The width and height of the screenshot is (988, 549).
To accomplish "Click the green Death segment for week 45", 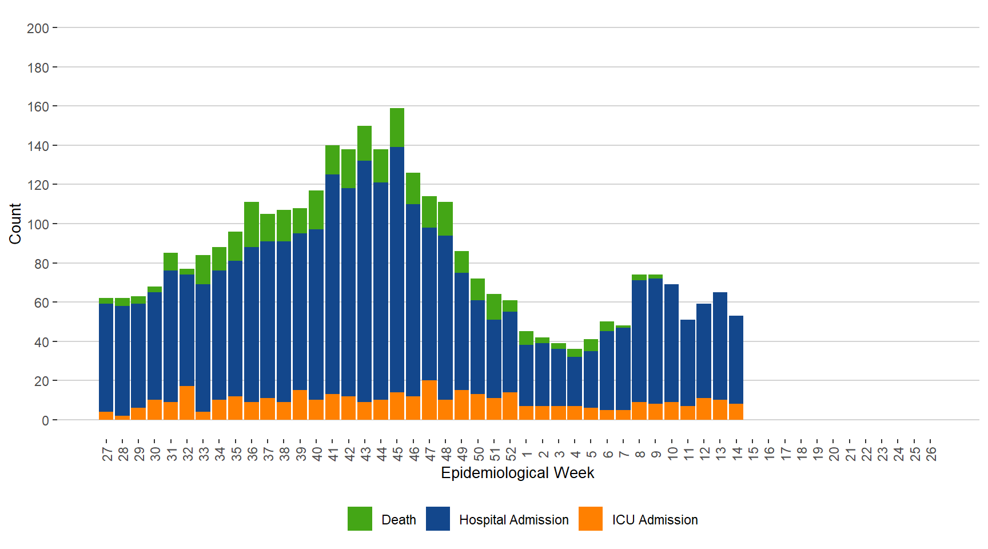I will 397,128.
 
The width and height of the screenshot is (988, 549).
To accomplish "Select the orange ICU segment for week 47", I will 429,400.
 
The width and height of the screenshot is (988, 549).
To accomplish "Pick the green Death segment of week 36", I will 252,224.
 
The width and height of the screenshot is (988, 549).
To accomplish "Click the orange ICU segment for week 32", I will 187,403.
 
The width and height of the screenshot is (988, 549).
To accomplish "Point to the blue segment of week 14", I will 736,360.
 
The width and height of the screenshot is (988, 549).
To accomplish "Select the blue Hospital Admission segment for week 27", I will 106,357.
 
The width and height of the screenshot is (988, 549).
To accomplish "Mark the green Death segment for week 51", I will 494,307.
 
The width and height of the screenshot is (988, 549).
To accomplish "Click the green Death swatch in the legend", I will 360,519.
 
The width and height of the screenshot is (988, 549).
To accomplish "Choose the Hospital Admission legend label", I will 513,520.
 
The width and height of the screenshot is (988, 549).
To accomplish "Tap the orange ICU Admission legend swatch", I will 590,519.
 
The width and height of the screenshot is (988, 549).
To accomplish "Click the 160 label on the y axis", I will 38,106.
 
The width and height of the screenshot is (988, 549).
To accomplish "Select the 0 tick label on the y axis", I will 45,420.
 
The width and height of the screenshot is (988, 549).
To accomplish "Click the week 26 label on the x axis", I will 931,453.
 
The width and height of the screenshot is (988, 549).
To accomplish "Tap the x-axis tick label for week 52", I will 511,453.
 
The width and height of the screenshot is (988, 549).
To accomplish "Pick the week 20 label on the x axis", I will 834,453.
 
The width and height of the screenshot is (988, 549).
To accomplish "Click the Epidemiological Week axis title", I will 517,473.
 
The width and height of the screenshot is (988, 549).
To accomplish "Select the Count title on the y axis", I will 15,224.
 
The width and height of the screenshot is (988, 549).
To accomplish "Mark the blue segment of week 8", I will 639,341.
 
